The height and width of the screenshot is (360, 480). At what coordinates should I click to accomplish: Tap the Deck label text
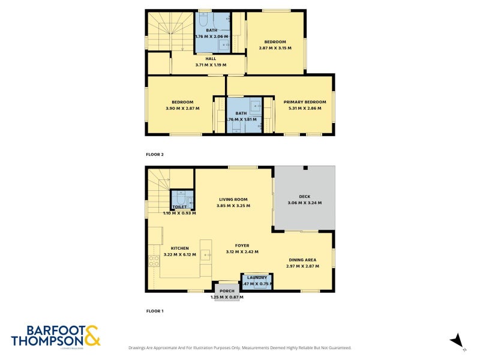click(305, 196)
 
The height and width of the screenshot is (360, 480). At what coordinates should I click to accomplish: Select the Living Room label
click(233, 200)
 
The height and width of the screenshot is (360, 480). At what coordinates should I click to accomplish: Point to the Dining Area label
click(302, 259)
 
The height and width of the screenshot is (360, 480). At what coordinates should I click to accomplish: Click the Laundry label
click(257, 278)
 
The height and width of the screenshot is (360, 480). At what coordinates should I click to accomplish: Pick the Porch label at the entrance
click(227, 291)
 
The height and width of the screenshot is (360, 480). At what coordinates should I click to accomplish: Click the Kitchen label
click(180, 248)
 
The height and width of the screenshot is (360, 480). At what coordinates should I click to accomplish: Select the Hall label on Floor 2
click(211, 59)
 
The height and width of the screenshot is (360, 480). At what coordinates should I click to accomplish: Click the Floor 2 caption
click(155, 154)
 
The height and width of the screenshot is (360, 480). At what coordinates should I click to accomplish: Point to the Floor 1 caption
click(155, 311)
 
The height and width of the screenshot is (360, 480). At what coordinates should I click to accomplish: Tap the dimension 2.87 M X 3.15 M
click(275, 48)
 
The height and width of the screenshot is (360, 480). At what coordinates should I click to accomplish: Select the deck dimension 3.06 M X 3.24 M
click(305, 203)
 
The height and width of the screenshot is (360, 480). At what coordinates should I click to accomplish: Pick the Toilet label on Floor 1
click(179, 206)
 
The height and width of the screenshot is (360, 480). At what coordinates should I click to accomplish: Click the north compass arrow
click(457, 340)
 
